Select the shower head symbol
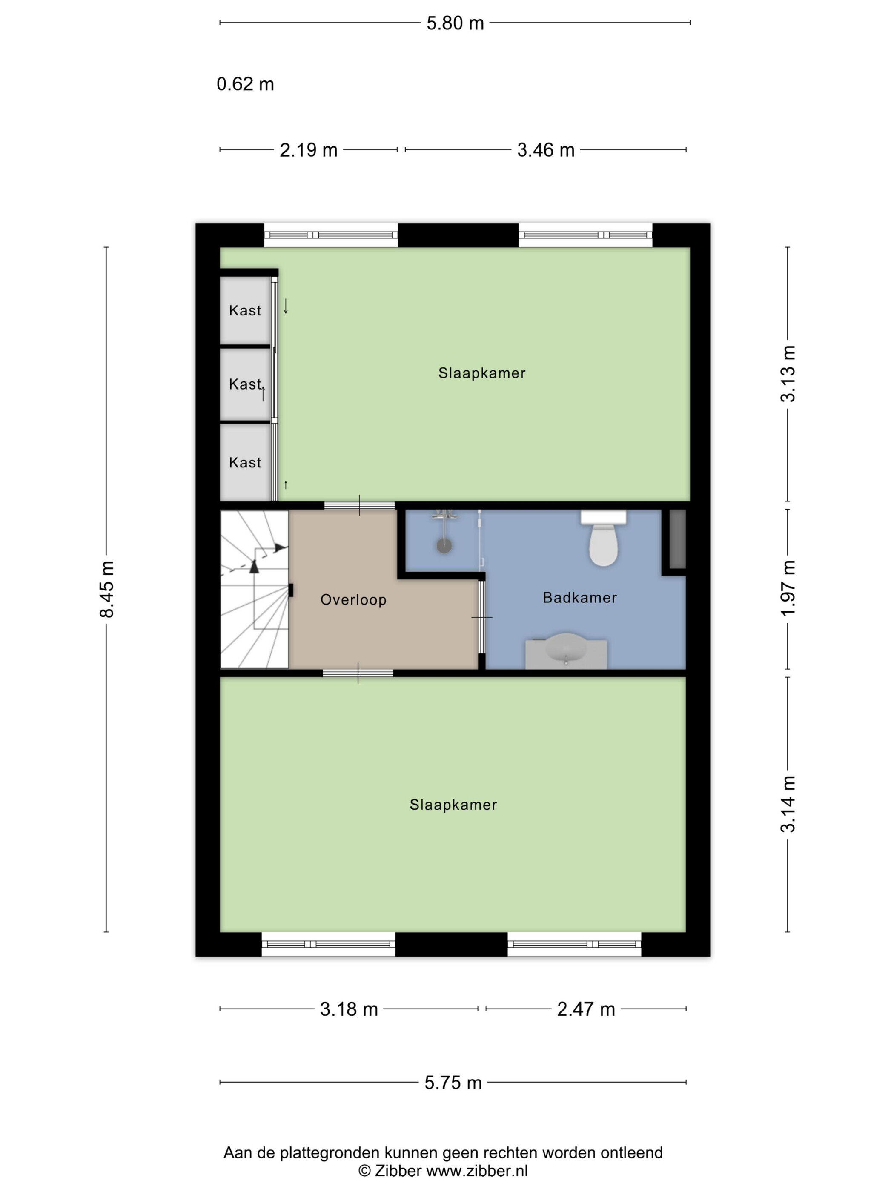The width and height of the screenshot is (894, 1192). (x=444, y=545)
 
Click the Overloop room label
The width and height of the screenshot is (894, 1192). (x=353, y=600)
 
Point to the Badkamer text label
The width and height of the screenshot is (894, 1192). (x=580, y=598)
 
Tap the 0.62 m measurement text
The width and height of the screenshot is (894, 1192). (x=245, y=84)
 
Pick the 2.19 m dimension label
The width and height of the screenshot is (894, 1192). (x=308, y=150)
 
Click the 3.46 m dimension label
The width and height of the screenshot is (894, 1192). (x=546, y=150)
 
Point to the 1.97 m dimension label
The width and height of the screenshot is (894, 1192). (x=788, y=588)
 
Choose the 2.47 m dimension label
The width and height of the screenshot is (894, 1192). (x=586, y=1009)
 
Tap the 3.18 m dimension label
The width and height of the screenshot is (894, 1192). (x=349, y=1009)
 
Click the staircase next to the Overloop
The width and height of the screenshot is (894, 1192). (x=254, y=589)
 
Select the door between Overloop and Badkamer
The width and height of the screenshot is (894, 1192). (x=482, y=617)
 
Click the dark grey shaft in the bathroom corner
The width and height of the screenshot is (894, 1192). (x=677, y=539)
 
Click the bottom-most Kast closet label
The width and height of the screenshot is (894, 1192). (x=245, y=463)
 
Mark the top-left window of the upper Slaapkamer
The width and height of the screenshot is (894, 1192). (x=331, y=235)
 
